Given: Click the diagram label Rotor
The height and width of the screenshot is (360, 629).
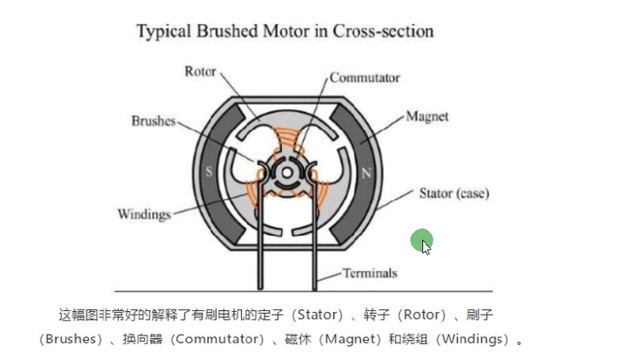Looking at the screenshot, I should click(199, 72).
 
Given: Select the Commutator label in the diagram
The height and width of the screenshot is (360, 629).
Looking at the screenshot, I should click(365, 78).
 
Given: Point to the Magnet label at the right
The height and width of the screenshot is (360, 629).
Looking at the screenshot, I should click(426, 116).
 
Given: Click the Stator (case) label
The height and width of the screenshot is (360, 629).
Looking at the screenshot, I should click(454, 192).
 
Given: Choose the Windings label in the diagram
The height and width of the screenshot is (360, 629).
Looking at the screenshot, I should click(144, 214).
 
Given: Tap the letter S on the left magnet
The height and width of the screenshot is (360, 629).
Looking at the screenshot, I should click(209, 172).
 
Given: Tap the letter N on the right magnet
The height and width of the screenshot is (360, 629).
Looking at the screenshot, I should click(366, 173).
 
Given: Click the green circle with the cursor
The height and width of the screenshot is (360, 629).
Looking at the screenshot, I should click(422, 240).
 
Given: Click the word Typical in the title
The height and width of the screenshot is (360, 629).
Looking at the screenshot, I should click(164, 32).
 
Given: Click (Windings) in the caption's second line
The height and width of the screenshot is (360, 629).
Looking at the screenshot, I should click(470, 338).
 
